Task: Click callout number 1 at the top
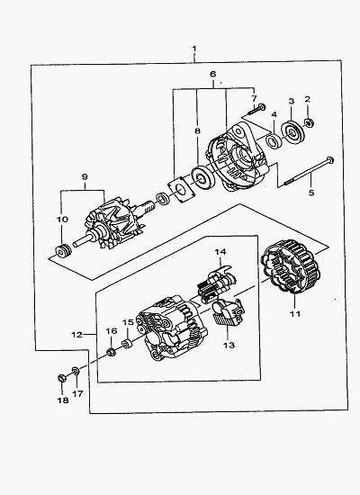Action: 194,49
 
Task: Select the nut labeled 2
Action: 309,122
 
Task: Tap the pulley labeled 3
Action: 292,132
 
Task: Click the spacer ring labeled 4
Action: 274,140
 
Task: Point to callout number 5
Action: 311,193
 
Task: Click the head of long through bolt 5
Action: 329,159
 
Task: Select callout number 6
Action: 213,75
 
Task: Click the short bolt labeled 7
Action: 256,109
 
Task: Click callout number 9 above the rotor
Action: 85,176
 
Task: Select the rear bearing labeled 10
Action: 63,251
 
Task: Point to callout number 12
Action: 77,335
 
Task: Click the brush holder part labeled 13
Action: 229,312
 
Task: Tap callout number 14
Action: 220,252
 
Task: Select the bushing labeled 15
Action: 127,344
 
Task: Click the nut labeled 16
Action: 111,352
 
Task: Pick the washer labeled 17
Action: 76,371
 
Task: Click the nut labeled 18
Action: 61,378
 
